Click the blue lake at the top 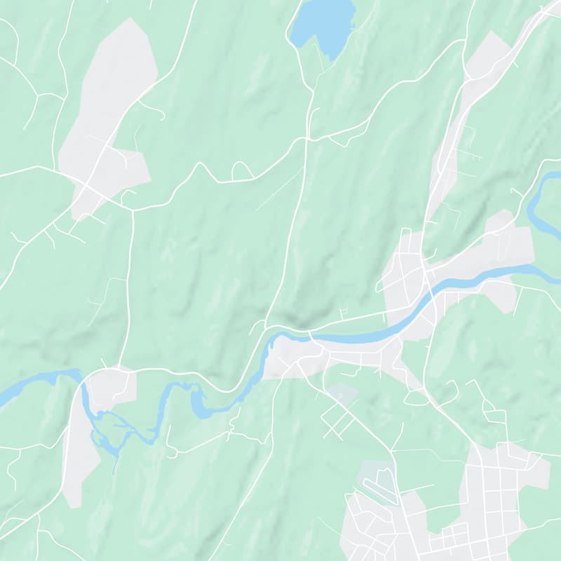point(324,22)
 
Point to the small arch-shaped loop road point(242,170)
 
